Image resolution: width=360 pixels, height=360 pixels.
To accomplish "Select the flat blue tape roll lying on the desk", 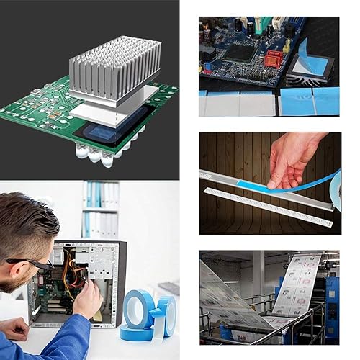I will (137, 332).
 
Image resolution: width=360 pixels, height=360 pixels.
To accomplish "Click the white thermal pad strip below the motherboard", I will (238, 103).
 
